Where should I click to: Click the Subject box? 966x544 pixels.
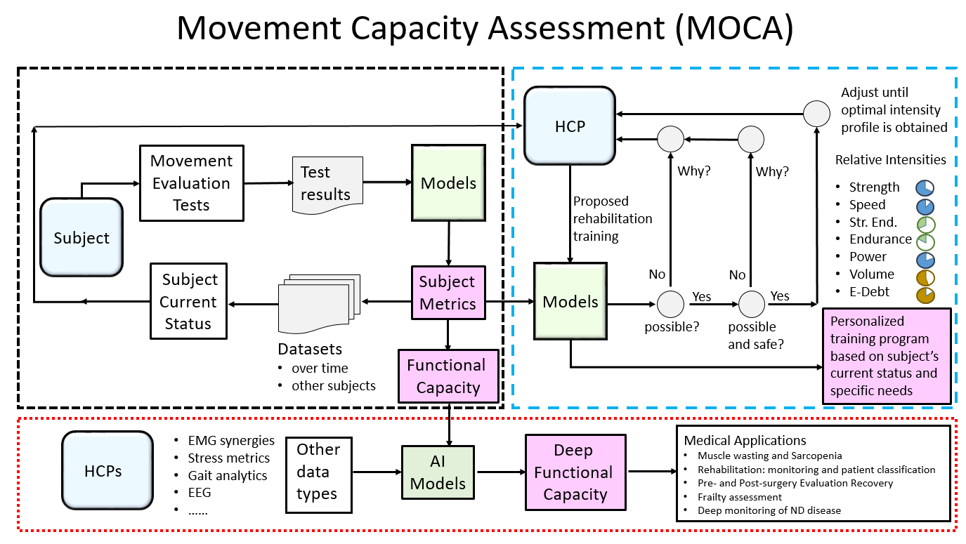pyautogui.click(x=81, y=237)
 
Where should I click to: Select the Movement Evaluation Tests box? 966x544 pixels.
pyautogui.click(x=191, y=183)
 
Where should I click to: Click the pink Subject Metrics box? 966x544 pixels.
pyautogui.click(x=448, y=293)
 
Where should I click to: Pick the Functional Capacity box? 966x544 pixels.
pyautogui.click(x=447, y=376)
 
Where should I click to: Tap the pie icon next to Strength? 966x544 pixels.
pyautogui.click(x=925, y=187)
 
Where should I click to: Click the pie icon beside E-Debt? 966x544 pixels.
pyautogui.click(x=925, y=294)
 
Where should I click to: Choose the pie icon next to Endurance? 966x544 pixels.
pyautogui.click(x=925, y=241)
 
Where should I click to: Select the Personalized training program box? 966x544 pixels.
pyautogui.click(x=887, y=357)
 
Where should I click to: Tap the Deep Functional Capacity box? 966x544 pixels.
pyautogui.click(x=575, y=472)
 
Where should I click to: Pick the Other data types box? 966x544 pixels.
pyautogui.click(x=318, y=472)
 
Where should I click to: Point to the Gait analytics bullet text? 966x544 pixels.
pyautogui.click(x=228, y=475)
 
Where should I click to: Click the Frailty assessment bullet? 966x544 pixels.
pyautogui.click(x=739, y=497)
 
